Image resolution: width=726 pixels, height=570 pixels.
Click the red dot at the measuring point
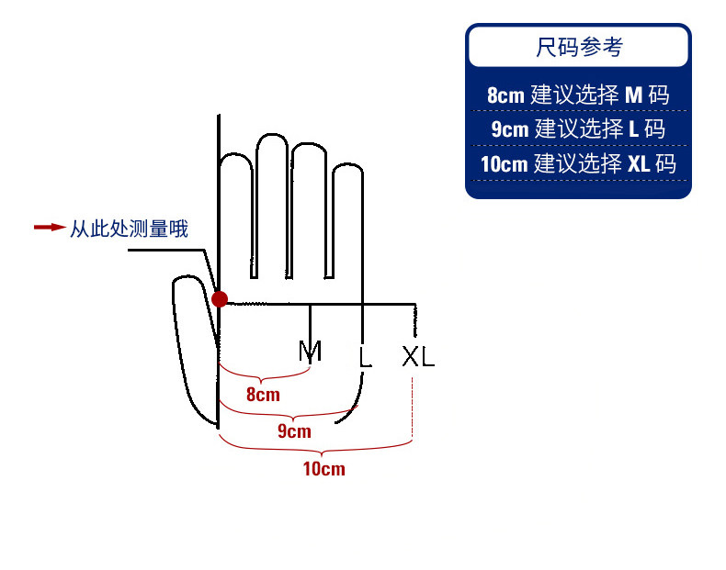click(220, 298)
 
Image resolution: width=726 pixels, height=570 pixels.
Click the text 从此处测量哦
click(130, 229)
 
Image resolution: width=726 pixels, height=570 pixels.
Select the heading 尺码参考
click(578, 47)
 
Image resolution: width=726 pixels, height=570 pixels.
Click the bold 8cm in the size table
click(505, 95)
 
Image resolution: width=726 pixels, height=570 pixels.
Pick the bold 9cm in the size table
click(509, 129)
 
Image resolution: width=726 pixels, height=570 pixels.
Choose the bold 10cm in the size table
click(504, 165)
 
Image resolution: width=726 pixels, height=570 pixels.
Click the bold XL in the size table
click(639, 165)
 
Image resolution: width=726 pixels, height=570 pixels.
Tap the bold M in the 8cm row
click(634, 95)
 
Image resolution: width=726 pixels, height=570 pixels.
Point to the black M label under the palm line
click(311, 351)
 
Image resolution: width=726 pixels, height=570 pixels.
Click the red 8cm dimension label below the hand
click(263, 396)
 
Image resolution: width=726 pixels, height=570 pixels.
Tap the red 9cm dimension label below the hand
click(294, 431)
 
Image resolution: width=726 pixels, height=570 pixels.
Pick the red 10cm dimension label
click(323, 469)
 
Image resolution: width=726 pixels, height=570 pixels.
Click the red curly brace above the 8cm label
click(264, 375)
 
